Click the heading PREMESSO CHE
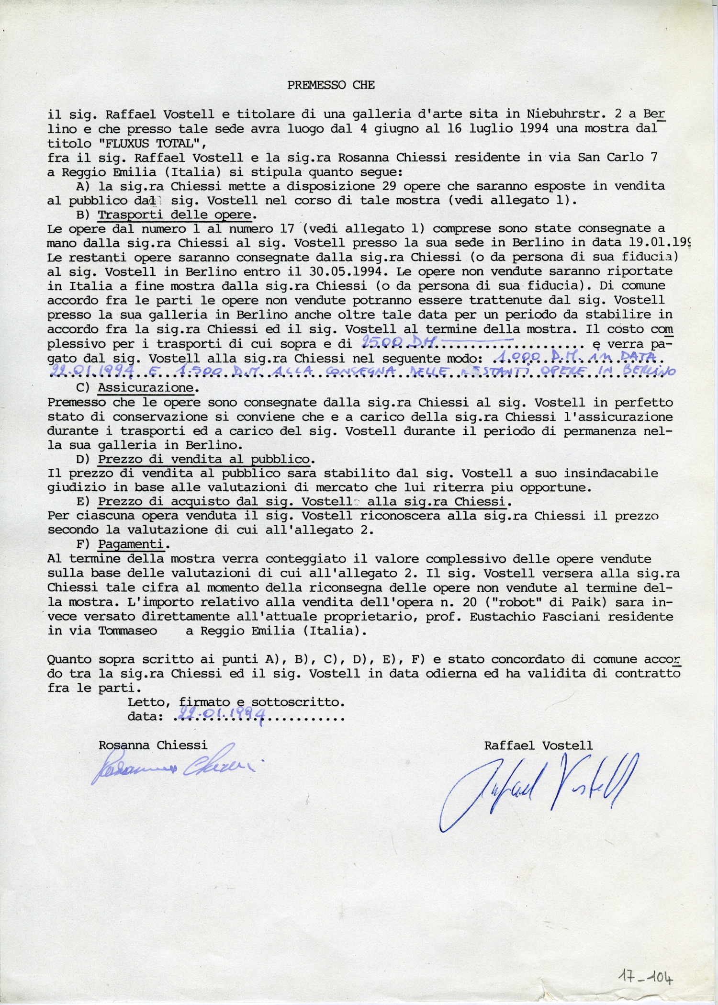coord(331,85)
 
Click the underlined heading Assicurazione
coord(146,388)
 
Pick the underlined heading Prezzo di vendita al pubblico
coord(204,459)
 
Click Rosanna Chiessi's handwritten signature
coord(177,768)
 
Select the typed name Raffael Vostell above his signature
coord(538,745)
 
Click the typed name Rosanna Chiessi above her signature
coord(153,745)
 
